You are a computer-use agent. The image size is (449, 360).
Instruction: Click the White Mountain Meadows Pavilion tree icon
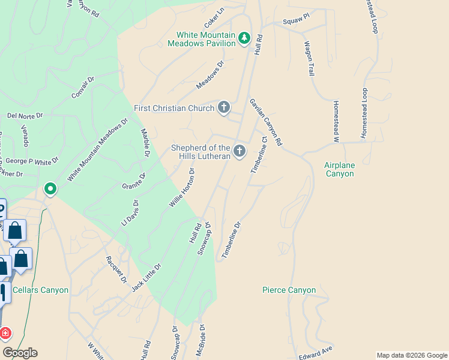pos(244,39)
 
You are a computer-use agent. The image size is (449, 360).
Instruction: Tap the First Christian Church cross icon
pos(223,108)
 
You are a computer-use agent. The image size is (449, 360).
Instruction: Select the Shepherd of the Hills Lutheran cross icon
pos(240,151)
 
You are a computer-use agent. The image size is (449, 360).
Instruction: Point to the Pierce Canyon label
pos(289,290)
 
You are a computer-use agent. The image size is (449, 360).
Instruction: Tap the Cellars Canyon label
pos(40,290)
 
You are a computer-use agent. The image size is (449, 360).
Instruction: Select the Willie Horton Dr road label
pos(182,187)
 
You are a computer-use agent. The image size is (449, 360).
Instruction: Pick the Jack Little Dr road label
pos(146,277)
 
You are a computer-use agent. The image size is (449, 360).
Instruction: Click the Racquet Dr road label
pos(116,269)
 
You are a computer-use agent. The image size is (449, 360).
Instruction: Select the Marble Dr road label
pos(145,143)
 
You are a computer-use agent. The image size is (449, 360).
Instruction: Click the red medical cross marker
pos(5,333)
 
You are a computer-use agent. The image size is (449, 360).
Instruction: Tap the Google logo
pos(20,352)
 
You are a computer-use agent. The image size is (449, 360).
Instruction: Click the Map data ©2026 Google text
pos(412,355)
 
